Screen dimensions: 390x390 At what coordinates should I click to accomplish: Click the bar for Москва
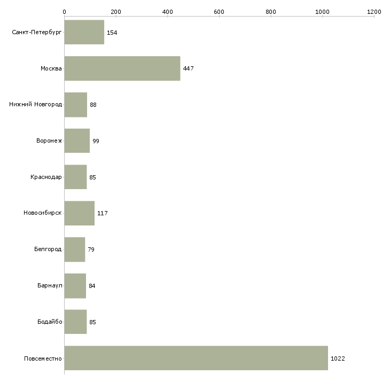[x=122, y=68]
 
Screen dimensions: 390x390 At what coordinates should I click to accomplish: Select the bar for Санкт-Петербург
[x=84, y=32]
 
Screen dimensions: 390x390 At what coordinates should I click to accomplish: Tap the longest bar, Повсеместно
[x=196, y=358]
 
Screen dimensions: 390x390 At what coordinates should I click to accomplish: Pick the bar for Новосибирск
[x=80, y=213]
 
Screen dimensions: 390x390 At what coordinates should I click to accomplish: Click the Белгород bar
[x=75, y=249]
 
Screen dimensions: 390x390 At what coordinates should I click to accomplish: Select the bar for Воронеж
[x=77, y=141]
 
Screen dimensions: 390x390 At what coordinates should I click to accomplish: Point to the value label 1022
[x=338, y=358]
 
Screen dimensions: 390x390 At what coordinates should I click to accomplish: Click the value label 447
[x=188, y=68]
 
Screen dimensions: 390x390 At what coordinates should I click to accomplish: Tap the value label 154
[x=112, y=33]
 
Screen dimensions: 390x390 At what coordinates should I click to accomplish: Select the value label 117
[x=103, y=213]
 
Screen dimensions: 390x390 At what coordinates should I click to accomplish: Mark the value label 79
[x=91, y=249]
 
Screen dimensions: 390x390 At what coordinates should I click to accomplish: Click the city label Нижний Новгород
[x=36, y=104]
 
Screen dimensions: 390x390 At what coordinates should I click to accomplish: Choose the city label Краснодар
[x=46, y=177]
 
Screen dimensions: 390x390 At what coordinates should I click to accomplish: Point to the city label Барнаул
[x=50, y=285]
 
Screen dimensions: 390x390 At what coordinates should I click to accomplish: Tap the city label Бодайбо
[x=50, y=322]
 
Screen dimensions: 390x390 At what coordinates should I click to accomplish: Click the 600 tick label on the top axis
[x=219, y=12]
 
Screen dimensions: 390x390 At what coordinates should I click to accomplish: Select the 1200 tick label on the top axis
[x=374, y=12]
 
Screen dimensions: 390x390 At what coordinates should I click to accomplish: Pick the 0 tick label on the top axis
[x=65, y=12]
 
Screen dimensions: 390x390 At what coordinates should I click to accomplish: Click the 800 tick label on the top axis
[x=271, y=12]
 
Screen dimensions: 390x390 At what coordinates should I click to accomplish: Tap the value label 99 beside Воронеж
[x=96, y=141]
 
